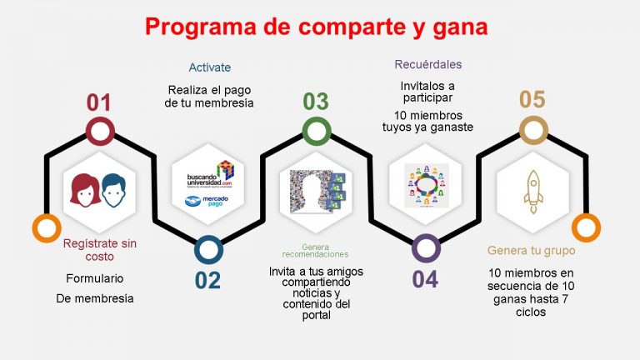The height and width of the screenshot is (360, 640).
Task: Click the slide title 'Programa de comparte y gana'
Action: coord(317,27)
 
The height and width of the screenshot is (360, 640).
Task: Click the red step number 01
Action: coord(99,103)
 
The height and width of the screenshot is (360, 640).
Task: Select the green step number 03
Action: coord(315,102)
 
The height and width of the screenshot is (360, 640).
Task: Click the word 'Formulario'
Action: coord(94,278)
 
